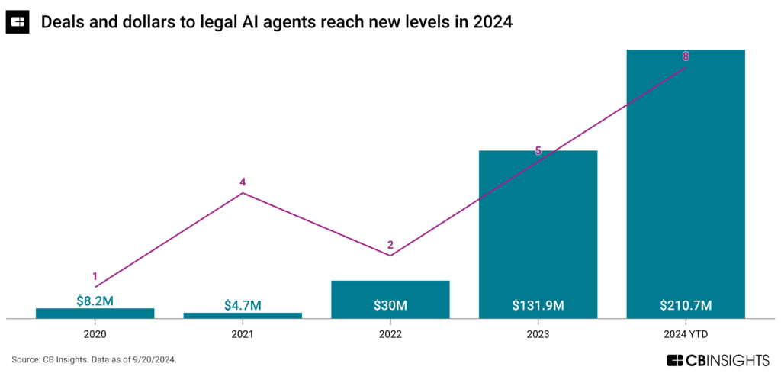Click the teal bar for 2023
538,229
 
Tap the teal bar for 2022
390,293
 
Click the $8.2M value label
95,301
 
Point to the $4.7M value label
243,305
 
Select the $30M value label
390,306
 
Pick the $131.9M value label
538,306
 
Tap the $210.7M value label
686,306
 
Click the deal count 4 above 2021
243,182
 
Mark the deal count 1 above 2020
95,276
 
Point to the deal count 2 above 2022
390,245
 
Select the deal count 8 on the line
686,56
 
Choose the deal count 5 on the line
538,151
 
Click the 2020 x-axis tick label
95,333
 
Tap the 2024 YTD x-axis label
686,333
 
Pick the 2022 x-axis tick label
390,333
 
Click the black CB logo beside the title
18,23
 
